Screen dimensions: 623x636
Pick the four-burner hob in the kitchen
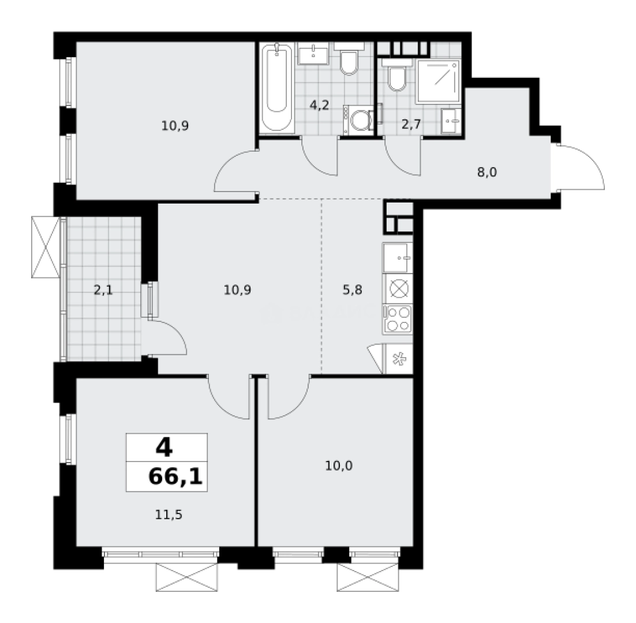click(398, 318)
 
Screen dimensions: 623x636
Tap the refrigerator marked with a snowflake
click(398, 359)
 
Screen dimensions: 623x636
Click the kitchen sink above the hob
click(398, 257)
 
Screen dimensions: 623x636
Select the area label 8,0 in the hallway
click(487, 171)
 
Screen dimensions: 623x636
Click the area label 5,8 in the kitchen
click(352, 290)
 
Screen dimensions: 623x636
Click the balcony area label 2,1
click(103, 290)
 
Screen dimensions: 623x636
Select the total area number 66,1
click(175, 477)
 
